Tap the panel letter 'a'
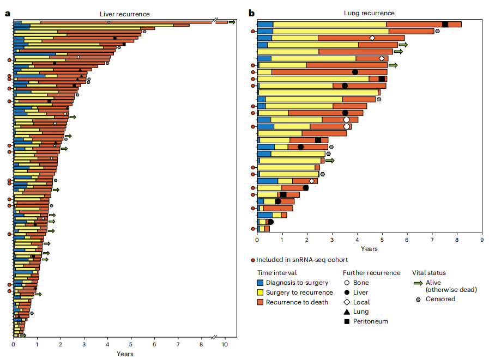point(7,13)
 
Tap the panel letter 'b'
point(251,13)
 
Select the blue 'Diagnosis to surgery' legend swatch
point(261,283)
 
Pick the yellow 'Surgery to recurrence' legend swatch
point(261,292)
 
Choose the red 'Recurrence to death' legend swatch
point(261,302)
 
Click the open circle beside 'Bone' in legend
point(347,283)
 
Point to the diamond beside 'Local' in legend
point(347,302)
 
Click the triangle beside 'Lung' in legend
point(347,312)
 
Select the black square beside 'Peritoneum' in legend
point(347,321)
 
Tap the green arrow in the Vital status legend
point(419,283)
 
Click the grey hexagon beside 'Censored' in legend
point(419,299)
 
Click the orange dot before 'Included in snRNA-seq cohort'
point(253,260)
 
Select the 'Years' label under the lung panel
point(369,249)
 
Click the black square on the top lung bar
point(445,24)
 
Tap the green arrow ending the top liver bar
point(232,22)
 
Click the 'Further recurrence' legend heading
point(371,273)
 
